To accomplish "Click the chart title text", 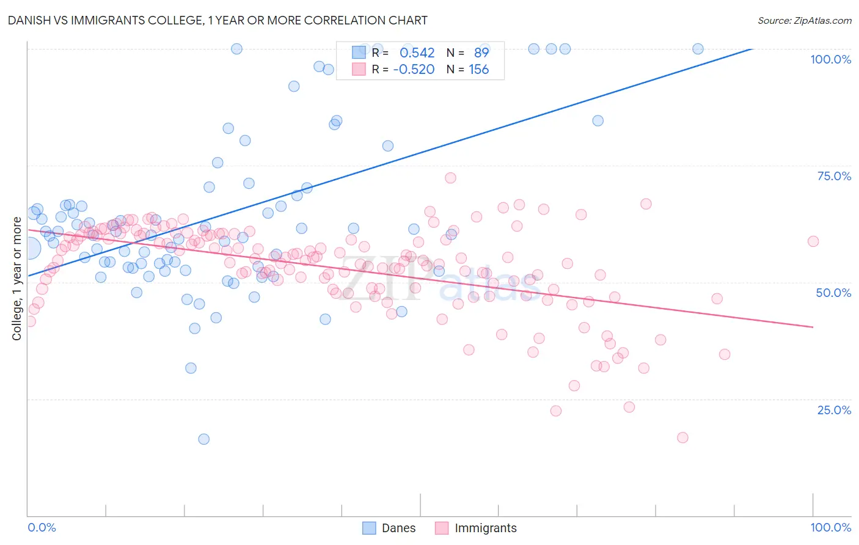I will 217,20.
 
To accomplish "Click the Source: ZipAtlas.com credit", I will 804,20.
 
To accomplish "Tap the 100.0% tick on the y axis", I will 830,59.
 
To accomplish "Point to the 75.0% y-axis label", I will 834,176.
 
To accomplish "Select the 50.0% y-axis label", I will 833,293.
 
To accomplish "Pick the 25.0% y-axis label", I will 834,409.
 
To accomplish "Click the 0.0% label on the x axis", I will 42,527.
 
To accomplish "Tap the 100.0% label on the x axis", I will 830,527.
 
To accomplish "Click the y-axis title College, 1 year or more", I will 17,279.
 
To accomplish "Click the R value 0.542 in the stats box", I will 417,53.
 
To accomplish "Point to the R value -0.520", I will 414,70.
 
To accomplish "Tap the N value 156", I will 478,70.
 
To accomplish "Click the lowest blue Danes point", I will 203,439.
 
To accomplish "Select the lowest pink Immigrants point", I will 682,437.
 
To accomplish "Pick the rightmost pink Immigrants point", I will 813,241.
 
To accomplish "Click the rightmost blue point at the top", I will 698,49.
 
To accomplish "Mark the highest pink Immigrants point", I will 450,178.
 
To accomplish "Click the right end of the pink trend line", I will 813,327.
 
